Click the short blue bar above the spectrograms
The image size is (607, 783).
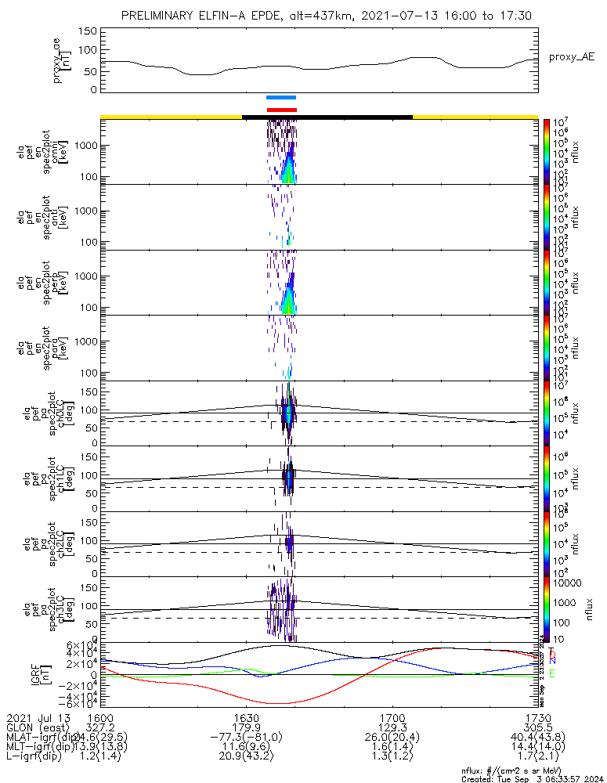click(280, 97)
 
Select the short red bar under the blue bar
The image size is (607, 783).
click(282, 110)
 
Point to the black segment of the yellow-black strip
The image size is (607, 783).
click(327, 117)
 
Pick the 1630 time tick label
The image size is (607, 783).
click(246, 718)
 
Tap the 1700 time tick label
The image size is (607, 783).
click(392, 718)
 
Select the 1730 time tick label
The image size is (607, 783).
click(537, 718)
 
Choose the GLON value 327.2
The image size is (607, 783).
click(100, 728)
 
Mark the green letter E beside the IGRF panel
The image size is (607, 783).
click(551, 673)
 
